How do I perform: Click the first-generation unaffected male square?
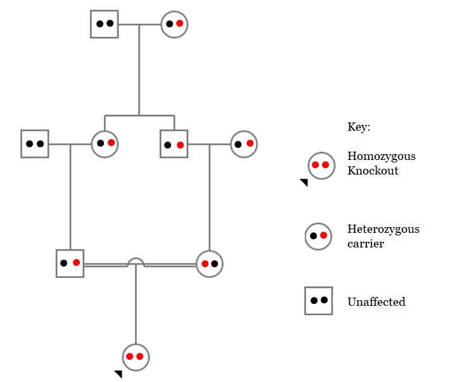coord(105,24)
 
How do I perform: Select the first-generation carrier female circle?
coord(174,24)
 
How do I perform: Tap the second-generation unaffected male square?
coord(35,144)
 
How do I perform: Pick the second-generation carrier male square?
coord(174,144)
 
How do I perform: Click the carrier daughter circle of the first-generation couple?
coord(105,143)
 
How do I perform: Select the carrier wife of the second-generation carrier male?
coord(244,144)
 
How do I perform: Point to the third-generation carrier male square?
coord(70,263)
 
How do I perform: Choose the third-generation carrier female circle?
coord(209,263)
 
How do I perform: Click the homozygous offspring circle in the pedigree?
coord(135,357)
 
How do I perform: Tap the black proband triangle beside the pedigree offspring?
coord(119,374)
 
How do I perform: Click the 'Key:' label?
coord(359,127)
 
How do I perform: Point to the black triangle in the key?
coord(304,183)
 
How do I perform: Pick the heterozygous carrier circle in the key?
coord(318,236)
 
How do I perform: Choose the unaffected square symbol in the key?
coord(318,301)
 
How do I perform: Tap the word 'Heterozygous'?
coord(383,229)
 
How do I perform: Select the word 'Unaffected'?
coord(376,301)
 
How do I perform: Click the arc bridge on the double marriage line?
coord(136,261)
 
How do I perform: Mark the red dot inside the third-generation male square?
coord(76,262)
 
